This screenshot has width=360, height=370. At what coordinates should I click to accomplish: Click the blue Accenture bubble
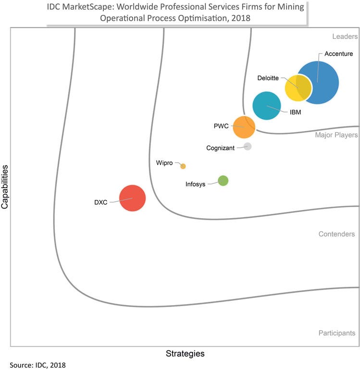pos(321,83)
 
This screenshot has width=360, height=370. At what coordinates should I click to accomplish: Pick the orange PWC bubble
pos(244,127)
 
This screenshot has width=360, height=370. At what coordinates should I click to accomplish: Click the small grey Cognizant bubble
pos(248,147)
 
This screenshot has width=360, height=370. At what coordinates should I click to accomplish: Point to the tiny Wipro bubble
pos(183,166)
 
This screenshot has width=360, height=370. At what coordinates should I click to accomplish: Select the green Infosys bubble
pos(223,181)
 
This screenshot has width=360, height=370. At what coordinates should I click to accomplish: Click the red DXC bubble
pos(132,198)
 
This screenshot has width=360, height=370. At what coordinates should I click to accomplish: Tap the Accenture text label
pos(339,54)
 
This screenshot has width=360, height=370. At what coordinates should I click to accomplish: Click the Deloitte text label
pos(268,78)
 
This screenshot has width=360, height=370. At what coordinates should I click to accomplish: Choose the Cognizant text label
pos(220,148)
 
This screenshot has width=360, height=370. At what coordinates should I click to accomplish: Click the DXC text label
pos(100,202)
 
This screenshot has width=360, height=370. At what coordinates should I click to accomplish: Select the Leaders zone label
pos(345,37)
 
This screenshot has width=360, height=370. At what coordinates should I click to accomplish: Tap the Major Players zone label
pos(336,135)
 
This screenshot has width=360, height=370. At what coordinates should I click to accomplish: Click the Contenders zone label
pos(336,234)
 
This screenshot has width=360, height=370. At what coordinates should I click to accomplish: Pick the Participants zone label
pos(336,333)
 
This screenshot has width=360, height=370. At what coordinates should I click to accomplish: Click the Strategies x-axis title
pos(185,354)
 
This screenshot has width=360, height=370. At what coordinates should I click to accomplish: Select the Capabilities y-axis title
pos(5,187)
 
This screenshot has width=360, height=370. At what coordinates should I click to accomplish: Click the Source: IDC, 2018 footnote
pos(37,365)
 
